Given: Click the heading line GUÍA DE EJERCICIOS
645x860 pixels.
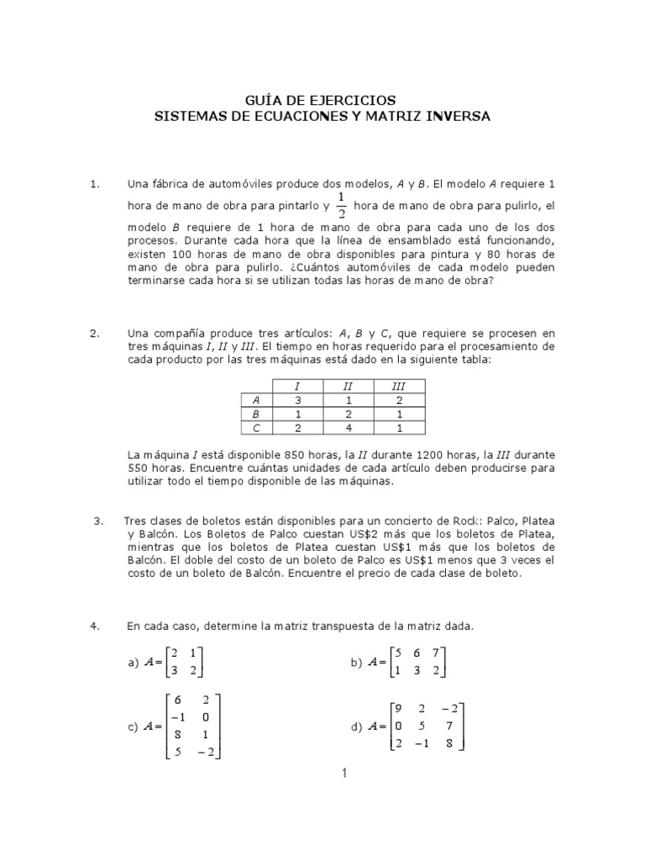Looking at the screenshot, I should [x=322, y=100].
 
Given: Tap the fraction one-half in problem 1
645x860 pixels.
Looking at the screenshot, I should [x=341, y=206].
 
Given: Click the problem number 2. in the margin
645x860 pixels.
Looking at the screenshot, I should [x=95, y=333].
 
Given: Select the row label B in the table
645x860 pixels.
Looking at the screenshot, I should [x=256, y=414].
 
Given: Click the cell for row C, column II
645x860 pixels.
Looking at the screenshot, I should [x=348, y=428].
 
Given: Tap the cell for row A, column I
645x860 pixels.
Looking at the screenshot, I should [x=298, y=401].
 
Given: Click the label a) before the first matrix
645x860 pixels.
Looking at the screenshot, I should [x=132, y=663].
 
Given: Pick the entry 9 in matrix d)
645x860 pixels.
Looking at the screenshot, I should [x=399, y=707].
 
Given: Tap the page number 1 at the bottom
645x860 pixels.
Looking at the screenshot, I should [x=344, y=773].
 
